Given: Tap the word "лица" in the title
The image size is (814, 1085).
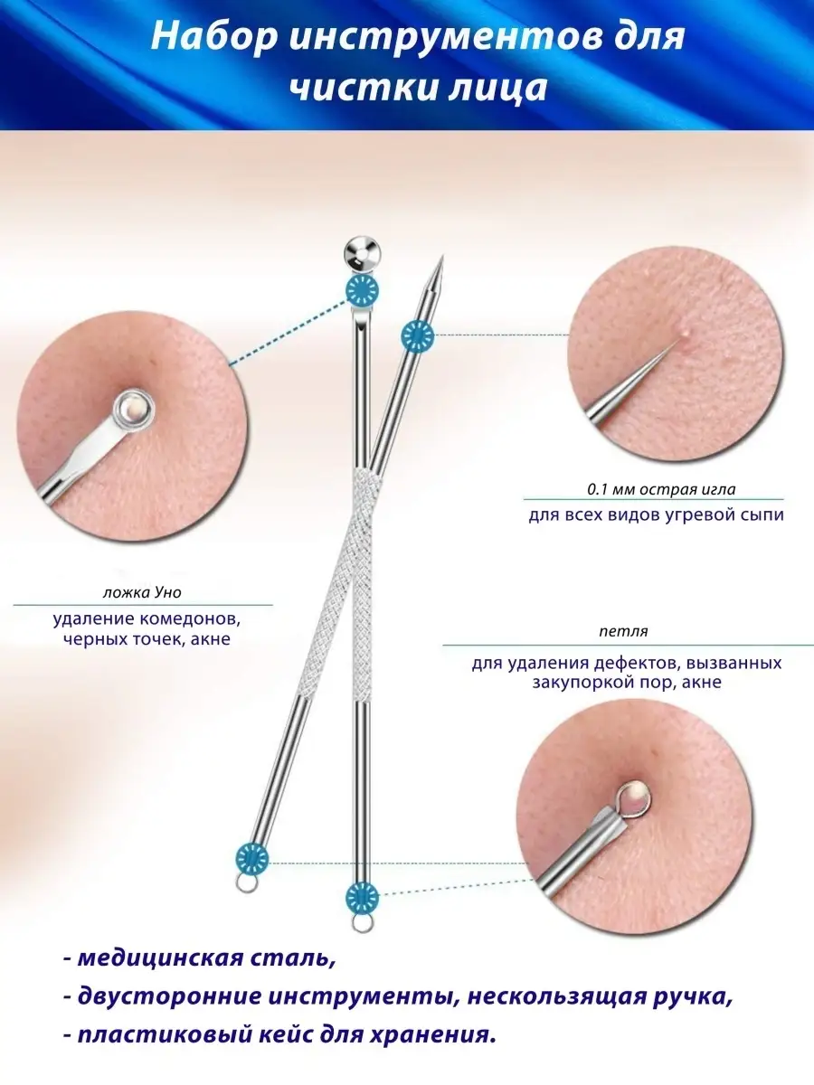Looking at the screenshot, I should pyautogui.click(x=505, y=89).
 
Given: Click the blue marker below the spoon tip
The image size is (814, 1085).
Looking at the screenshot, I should pyautogui.click(x=362, y=289).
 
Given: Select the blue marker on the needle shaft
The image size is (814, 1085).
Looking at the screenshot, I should pyautogui.click(x=417, y=335).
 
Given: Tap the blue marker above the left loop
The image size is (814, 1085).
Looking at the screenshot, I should pyautogui.click(x=252, y=855).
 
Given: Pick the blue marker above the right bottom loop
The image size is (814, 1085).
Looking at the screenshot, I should pyautogui.click(x=362, y=897).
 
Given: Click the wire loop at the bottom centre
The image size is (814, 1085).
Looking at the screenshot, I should pyautogui.click(x=361, y=922).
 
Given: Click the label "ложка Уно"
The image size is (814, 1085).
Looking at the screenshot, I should pyautogui.click(x=143, y=593).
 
